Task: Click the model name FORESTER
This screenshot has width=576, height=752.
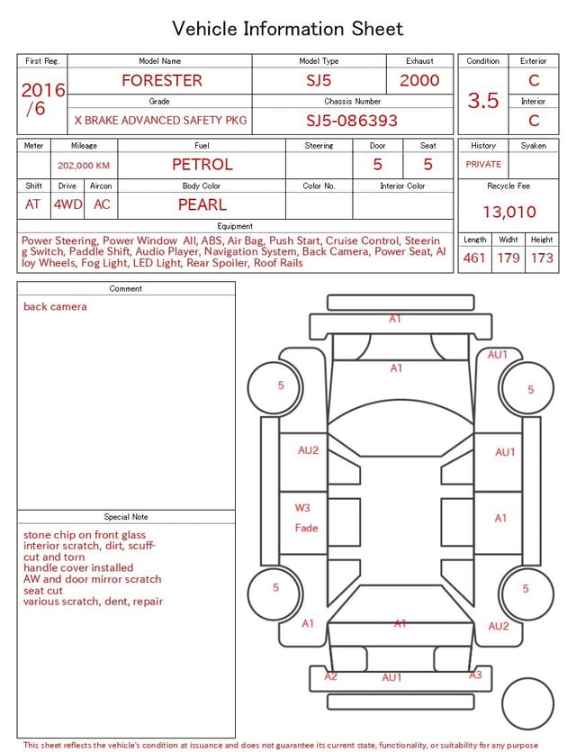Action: pos(162,80)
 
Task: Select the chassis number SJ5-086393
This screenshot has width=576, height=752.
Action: pos(352,121)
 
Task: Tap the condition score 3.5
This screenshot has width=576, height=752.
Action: pos(483,101)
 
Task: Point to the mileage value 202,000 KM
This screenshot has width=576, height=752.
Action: pos(84,166)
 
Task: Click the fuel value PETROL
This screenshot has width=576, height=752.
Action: pos(202,165)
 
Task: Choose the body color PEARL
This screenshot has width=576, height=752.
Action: pos(202,204)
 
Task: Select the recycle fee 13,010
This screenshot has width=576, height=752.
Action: pos(508,212)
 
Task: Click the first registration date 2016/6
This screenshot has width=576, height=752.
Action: pos(42,99)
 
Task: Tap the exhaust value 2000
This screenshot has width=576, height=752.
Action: pos(419,80)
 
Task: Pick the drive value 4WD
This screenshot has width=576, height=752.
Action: pos(67,204)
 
